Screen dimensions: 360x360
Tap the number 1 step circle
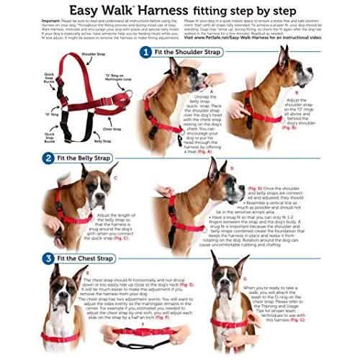[x=145, y=53]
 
